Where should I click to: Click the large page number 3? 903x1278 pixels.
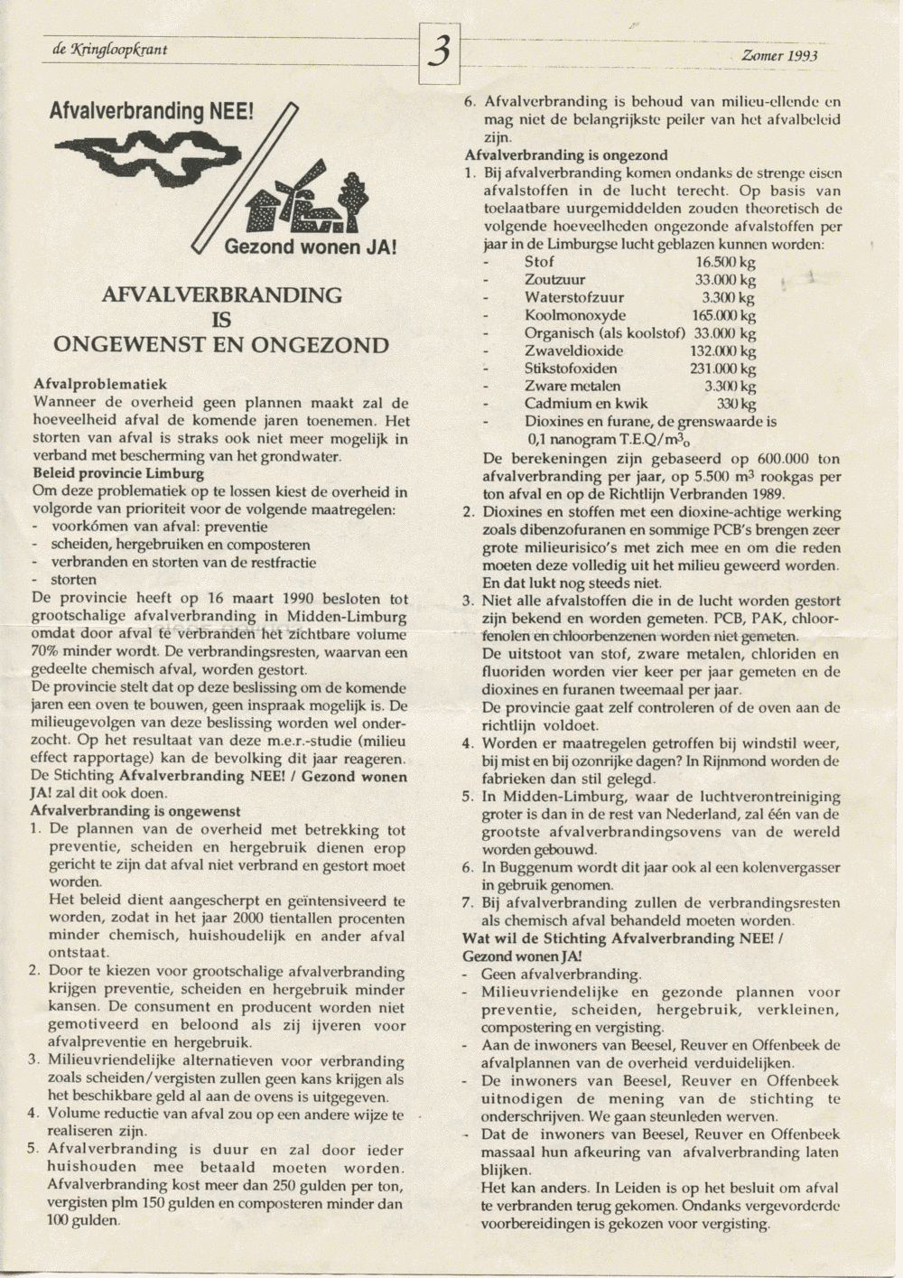(x=440, y=53)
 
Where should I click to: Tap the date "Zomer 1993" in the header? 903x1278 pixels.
(x=779, y=56)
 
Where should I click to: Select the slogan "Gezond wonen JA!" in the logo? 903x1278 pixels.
(x=310, y=247)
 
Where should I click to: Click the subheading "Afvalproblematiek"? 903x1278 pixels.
(x=99, y=384)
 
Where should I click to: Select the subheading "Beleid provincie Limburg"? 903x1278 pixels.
(x=118, y=473)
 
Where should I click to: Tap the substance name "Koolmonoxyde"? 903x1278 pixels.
(x=575, y=315)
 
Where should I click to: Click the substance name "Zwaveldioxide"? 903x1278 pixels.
(x=573, y=350)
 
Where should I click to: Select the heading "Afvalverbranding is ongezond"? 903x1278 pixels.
(x=566, y=155)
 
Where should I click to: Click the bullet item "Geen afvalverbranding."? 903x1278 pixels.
(x=561, y=974)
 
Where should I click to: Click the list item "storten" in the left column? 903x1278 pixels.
(x=73, y=580)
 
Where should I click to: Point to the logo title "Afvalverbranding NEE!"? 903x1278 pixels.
(x=152, y=112)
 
